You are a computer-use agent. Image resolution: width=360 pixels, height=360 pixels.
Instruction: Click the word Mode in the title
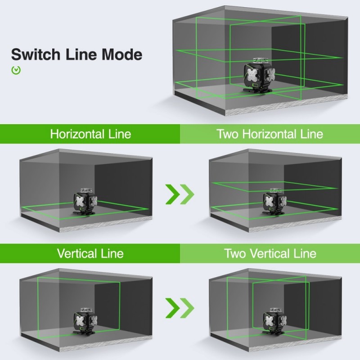pos(121,55)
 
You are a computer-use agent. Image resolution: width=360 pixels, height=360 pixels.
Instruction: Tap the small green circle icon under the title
pos(16,70)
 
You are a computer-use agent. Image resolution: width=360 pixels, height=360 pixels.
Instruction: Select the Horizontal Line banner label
pos(90,134)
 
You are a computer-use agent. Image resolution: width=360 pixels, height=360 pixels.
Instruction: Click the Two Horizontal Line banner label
pos(270,134)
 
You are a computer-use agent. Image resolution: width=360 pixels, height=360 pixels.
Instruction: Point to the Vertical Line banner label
pos(90,253)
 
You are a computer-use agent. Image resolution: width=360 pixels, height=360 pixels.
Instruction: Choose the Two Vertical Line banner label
pos(270,253)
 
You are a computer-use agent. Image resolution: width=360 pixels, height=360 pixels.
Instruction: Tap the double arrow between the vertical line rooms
pos(180,308)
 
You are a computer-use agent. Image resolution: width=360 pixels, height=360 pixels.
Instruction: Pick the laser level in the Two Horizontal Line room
pos(274,202)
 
